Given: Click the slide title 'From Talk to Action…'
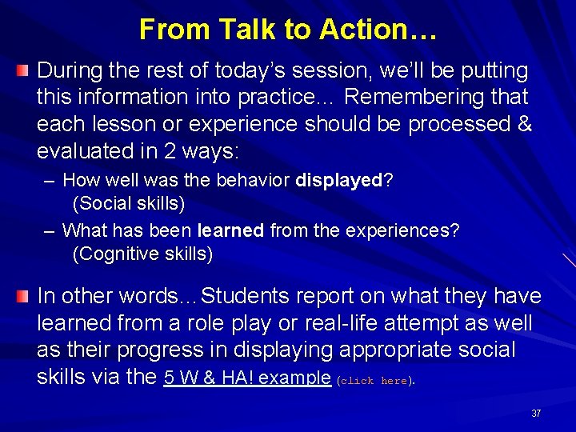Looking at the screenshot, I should tap(288, 30).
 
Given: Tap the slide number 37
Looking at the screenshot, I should tap(536, 414).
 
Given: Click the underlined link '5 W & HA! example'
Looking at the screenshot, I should tap(247, 378).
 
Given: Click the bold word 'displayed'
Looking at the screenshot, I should tap(339, 181).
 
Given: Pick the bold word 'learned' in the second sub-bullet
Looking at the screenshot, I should tap(230, 231).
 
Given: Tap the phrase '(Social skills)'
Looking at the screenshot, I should tap(129, 204).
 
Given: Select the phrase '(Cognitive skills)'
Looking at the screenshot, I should tap(142, 254).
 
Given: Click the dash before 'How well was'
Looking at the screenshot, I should tap(50, 182).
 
